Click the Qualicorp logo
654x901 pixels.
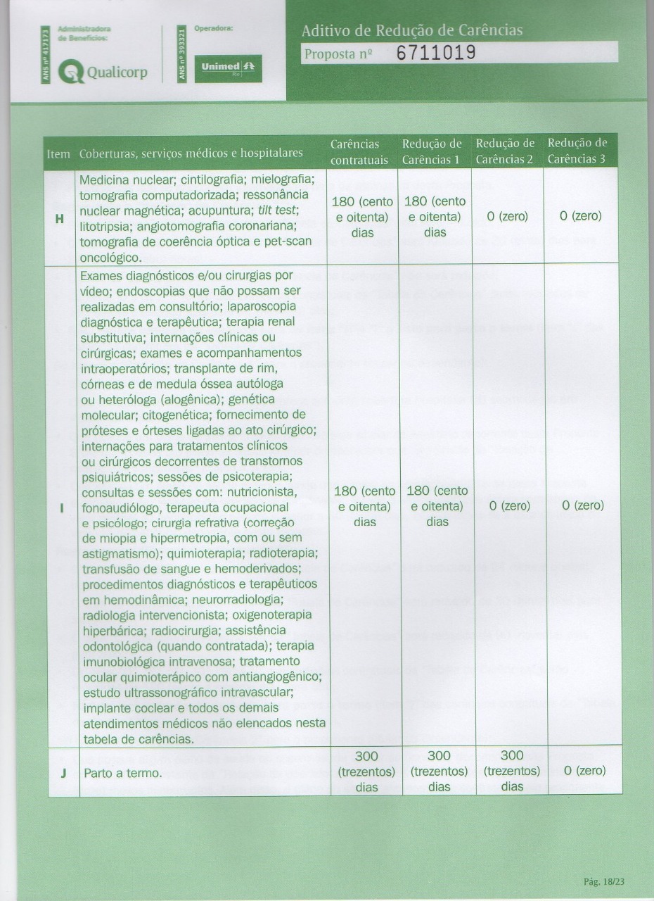(x=102, y=71)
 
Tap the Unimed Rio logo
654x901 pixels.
(x=228, y=68)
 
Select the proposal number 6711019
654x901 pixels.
(x=436, y=53)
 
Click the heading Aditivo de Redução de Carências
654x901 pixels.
(x=412, y=31)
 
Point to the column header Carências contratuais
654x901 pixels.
(x=359, y=151)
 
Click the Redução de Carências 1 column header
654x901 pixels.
(x=432, y=151)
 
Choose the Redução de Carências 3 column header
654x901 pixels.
(x=577, y=151)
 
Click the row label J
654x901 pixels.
(x=63, y=772)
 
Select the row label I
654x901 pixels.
(x=63, y=506)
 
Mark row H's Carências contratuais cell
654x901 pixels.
(x=362, y=217)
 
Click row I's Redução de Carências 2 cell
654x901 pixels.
(x=512, y=506)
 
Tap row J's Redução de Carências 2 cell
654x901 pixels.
(x=512, y=771)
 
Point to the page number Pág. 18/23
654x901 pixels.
(x=604, y=881)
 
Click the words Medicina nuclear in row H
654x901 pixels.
(x=123, y=179)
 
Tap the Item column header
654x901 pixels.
(x=58, y=153)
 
